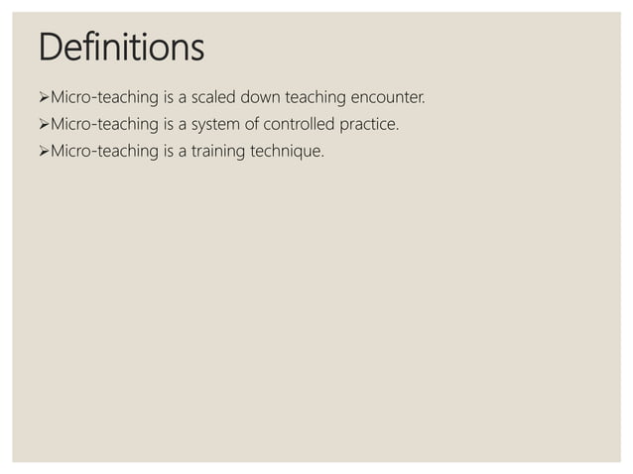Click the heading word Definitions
121,47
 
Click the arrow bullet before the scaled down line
43,99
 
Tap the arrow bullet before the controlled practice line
43,126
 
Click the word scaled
214,99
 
